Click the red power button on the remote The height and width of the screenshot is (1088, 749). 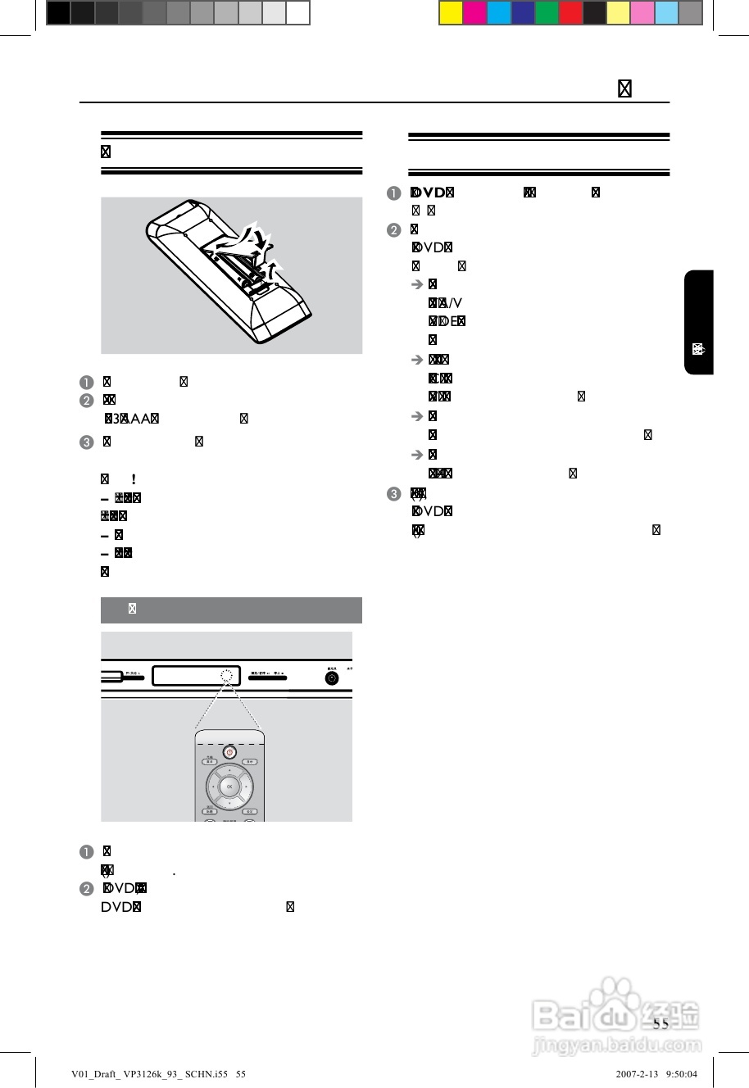tap(229, 751)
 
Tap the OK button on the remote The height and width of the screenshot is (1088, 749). tap(229, 787)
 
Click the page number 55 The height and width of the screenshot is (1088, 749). tap(660, 1024)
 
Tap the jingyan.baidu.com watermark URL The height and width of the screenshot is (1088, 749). tap(617, 1046)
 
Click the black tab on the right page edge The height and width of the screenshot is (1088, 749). tap(698, 322)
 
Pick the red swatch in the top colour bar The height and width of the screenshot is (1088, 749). tap(571, 13)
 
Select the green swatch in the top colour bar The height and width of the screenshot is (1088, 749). tap(547, 13)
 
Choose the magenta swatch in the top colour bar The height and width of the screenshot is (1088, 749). tap(475, 13)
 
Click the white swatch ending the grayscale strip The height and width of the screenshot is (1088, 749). tap(298, 13)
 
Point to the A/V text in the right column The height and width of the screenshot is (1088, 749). tap(451, 303)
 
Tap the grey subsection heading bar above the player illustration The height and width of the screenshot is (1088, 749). tap(231, 610)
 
